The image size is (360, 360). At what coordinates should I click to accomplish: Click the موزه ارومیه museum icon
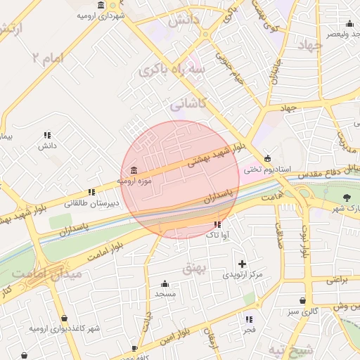click(134, 171)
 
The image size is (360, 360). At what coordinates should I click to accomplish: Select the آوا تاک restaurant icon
click(217, 224)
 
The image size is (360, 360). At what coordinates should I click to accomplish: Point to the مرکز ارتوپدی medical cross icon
click(242, 264)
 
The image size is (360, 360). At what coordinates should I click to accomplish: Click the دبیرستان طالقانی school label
click(92, 203)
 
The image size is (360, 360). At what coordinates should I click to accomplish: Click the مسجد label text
click(165, 293)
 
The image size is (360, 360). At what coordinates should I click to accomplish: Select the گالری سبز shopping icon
click(303, 300)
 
